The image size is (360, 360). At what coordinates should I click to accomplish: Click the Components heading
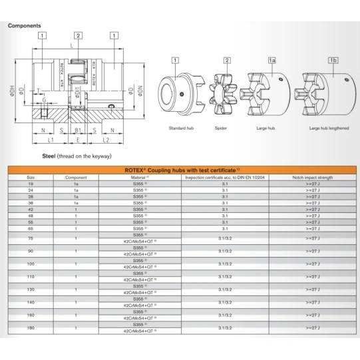[x=24, y=25]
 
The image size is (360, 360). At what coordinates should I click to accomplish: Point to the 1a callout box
[x=271, y=61]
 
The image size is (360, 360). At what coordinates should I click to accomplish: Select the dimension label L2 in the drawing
[x=106, y=141]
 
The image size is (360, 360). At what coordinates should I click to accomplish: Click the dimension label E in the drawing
[x=79, y=141]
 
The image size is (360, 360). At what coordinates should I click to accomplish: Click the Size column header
[x=31, y=178]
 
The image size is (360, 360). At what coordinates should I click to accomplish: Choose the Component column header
[x=76, y=178]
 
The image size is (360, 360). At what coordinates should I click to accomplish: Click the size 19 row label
[x=31, y=184]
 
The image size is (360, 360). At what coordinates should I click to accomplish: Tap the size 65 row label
[x=31, y=228]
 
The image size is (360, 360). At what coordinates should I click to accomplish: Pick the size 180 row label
[x=31, y=328]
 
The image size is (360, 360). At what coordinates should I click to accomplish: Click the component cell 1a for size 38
[x=76, y=203]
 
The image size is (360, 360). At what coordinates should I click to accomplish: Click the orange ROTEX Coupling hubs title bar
[x=180, y=170]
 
